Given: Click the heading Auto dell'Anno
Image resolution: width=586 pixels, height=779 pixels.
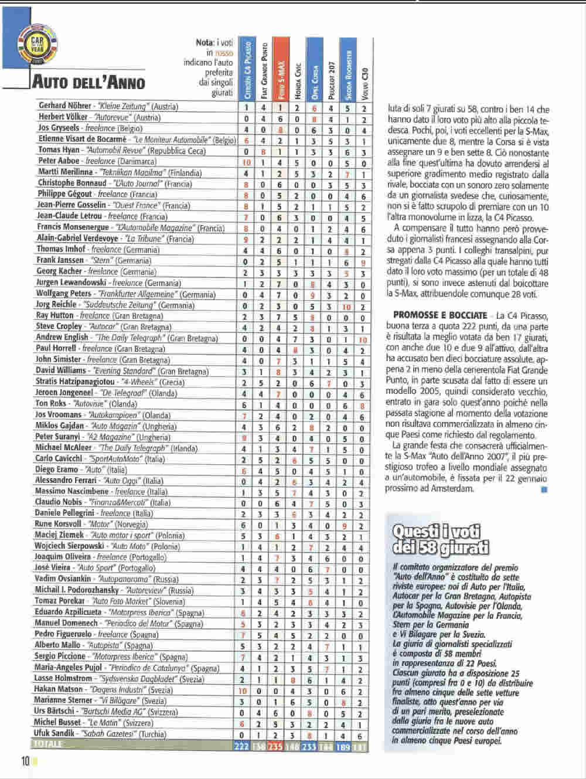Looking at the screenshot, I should pyautogui.click(x=88, y=81).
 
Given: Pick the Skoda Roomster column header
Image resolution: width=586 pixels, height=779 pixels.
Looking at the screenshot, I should pyautogui.click(x=347, y=69).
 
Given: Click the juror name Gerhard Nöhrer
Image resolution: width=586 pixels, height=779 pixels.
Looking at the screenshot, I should pyautogui.click(x=64, y=106).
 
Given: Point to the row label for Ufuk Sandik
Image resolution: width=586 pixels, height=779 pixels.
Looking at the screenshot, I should pyautogui.click(x=54, y=733).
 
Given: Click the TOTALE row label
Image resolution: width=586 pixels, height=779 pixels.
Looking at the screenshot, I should pyautogui.click(x=49, y=744).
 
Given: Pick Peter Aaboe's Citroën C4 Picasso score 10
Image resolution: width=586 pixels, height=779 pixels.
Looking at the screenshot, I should pyautogui.click(x=247, y=162).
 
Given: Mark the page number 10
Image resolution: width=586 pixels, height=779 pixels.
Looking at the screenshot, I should pyautogui.click(x=26, y=761).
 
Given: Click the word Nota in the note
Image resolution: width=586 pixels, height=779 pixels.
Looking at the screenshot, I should pyautogui.click(x=204, y=42).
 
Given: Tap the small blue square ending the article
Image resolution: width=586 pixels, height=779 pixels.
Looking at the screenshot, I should pyautogui.click(x=544, y=489).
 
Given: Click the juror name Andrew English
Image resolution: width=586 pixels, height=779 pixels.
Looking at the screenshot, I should pyautogui.click(x=62, y=337).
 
